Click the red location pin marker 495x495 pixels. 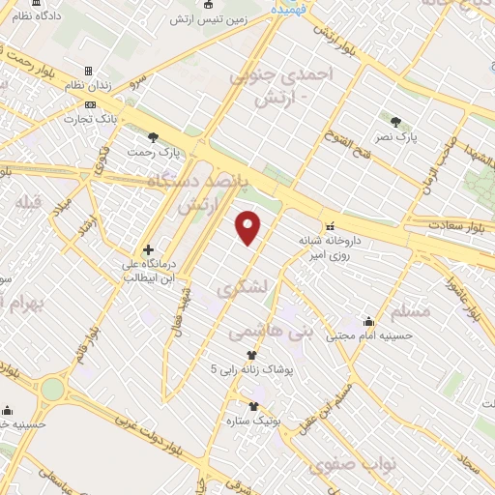point(249,227)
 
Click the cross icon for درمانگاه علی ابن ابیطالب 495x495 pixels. point(148,249)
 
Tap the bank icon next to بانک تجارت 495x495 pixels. point(90,104)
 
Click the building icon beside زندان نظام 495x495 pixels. point(89,72)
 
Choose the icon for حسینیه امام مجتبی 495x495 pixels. point(368,322)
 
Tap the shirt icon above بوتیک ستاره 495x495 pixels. point(253,406)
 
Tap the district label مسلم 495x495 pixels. point(414,312)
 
